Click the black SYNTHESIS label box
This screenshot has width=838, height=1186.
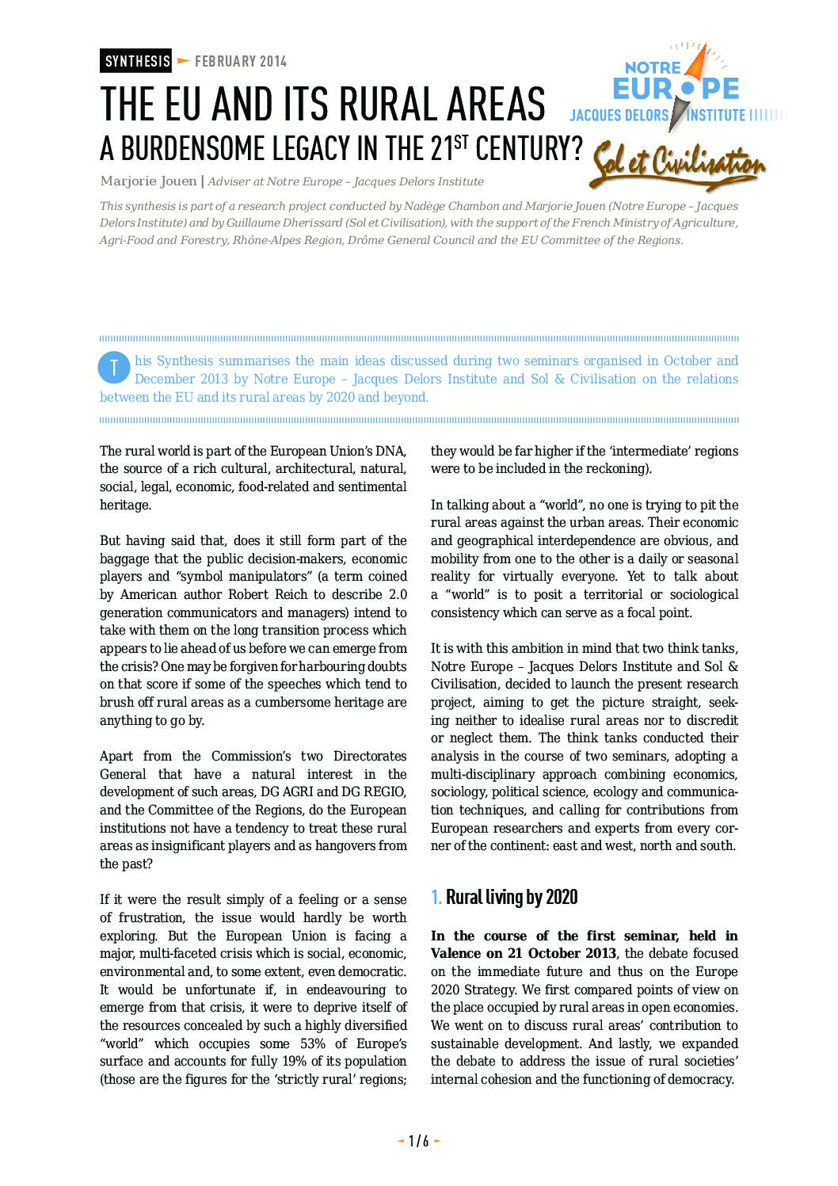click(136, 61)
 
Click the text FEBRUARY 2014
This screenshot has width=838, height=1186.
click(241, 61)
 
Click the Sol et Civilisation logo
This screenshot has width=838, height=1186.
click(678, 165)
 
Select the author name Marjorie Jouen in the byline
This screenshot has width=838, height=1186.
click(148, 181)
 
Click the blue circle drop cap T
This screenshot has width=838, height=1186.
click(114, 368)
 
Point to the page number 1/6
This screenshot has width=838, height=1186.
click(418, 1141)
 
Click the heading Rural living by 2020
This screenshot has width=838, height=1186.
click(512, 897)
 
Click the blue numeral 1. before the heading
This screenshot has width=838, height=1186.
click(436, 897)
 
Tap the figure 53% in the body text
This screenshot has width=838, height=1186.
click(313, 1043)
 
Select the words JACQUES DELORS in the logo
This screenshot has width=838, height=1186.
click(619, 116)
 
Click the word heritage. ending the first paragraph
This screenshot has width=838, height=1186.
click(125, 505)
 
